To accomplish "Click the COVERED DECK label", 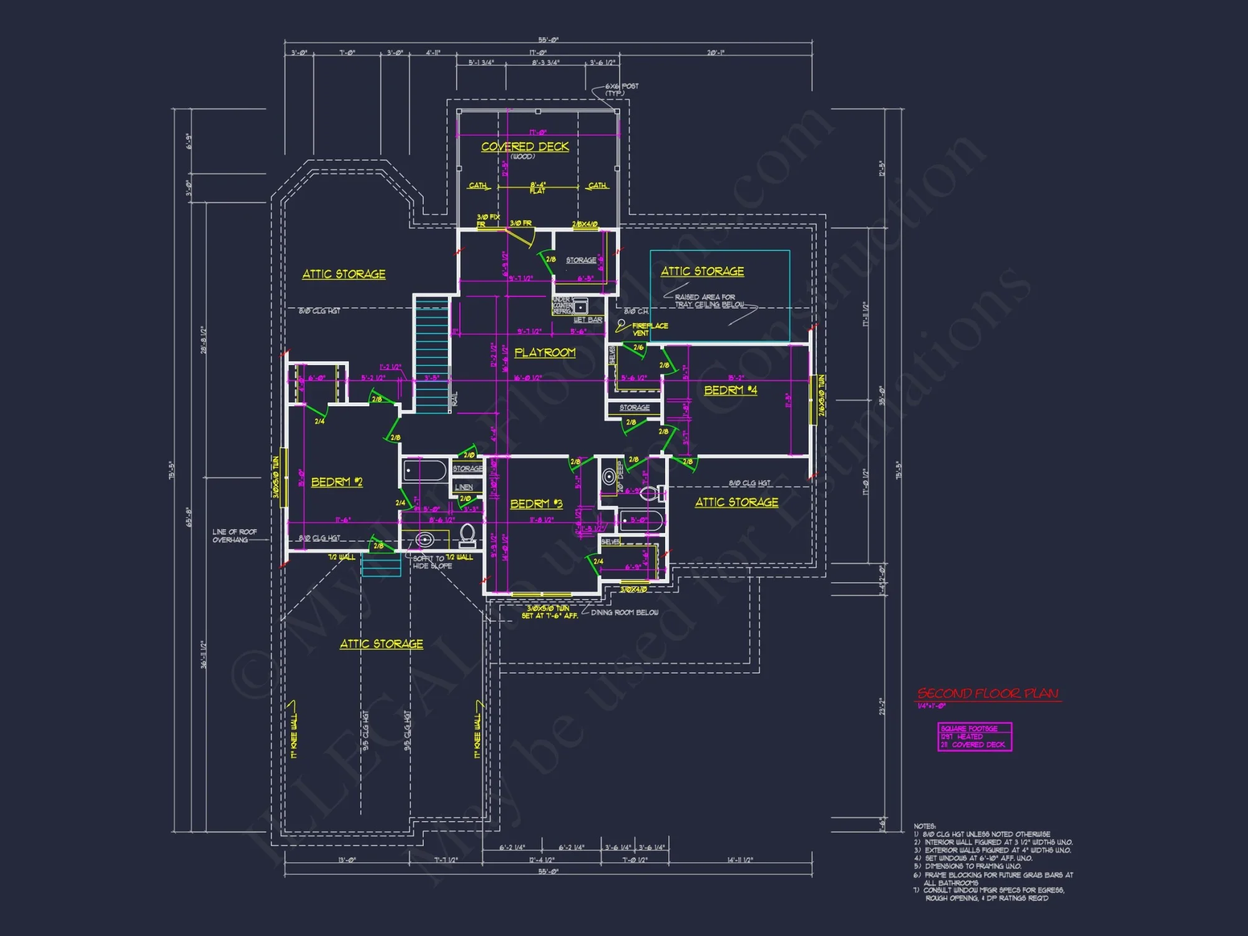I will (x=525, y=147).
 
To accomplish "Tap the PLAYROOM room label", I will (x=545, y=353).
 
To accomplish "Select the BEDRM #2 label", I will (x=336, y=482).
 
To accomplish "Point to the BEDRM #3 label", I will (x=536, y=504).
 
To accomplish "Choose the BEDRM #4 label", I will (x=730, y=390).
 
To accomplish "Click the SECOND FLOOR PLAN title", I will (x=988, y=694).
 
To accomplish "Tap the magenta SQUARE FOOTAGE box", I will (x=974, y=737).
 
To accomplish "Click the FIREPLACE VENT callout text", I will (x=648, y=329).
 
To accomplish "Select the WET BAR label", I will (x=588, y=320).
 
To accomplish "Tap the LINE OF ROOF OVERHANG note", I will (x=234, y=536).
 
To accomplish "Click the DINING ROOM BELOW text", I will (x=624, y=613).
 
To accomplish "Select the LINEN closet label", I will (x=464, y=487).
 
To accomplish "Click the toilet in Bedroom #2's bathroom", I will (x=467, y=535).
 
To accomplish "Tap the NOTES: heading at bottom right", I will (x=925, y=826).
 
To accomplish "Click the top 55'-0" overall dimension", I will (x=548, y=40).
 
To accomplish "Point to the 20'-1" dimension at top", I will (x=715, y=53).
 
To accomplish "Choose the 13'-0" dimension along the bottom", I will (x=347, y=860).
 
